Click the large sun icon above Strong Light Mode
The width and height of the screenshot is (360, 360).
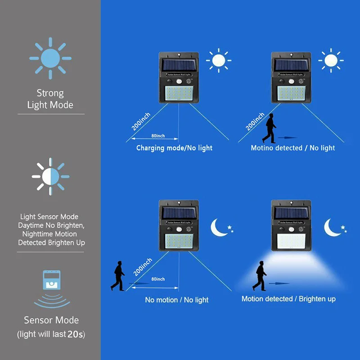(50, 58)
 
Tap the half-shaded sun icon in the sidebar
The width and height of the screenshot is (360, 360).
(50, 176)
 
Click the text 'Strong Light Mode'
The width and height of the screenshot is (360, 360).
(50, 99)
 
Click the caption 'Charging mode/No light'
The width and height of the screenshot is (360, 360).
(175, 148)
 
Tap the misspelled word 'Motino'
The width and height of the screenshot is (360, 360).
(263, 148)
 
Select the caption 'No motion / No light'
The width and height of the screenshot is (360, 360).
(176, 300)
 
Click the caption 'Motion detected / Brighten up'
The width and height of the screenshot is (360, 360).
(288, 299)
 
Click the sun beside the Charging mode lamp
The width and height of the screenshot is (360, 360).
(219, 60)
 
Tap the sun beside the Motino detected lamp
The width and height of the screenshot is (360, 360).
(331, 60)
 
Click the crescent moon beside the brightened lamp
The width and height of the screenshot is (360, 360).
(333, 227)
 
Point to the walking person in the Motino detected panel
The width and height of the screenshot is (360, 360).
(270, 128)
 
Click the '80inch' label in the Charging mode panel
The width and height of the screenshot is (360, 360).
(157, 136)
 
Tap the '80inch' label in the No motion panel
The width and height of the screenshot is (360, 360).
(157, 279)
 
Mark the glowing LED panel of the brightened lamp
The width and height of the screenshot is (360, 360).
(291, 242)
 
